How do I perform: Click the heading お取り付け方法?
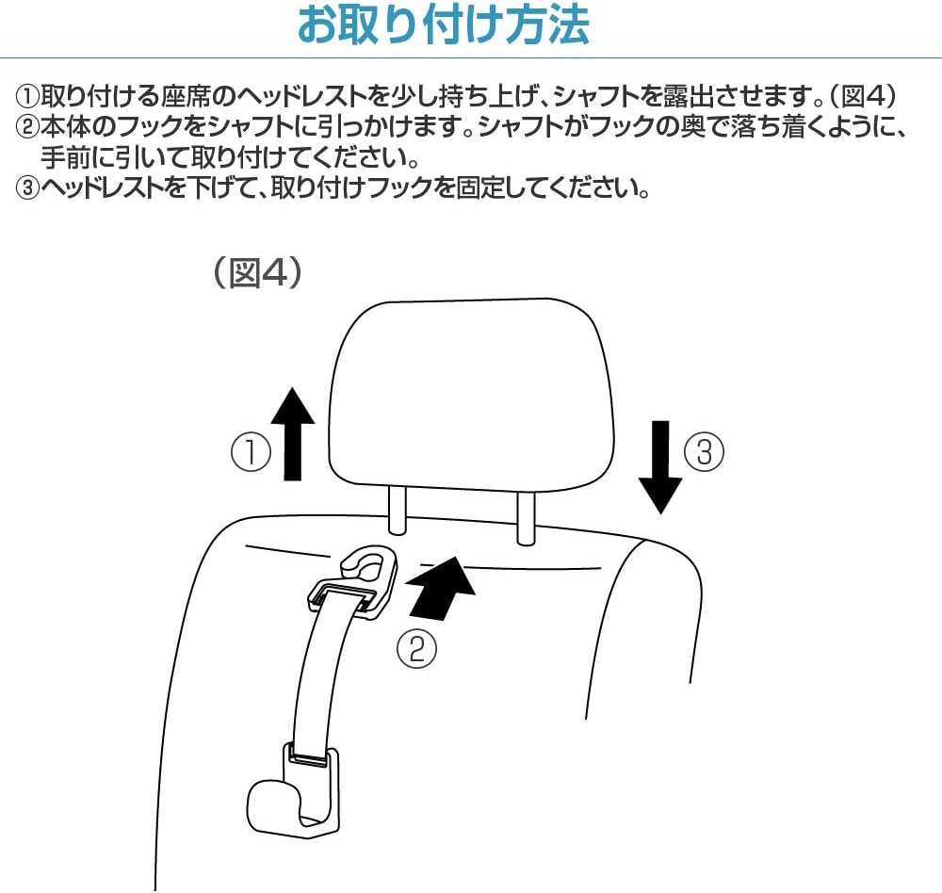(x=444, y=26)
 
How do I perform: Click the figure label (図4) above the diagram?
(x=256, y=272)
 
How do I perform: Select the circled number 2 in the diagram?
(x=417, y=649)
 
